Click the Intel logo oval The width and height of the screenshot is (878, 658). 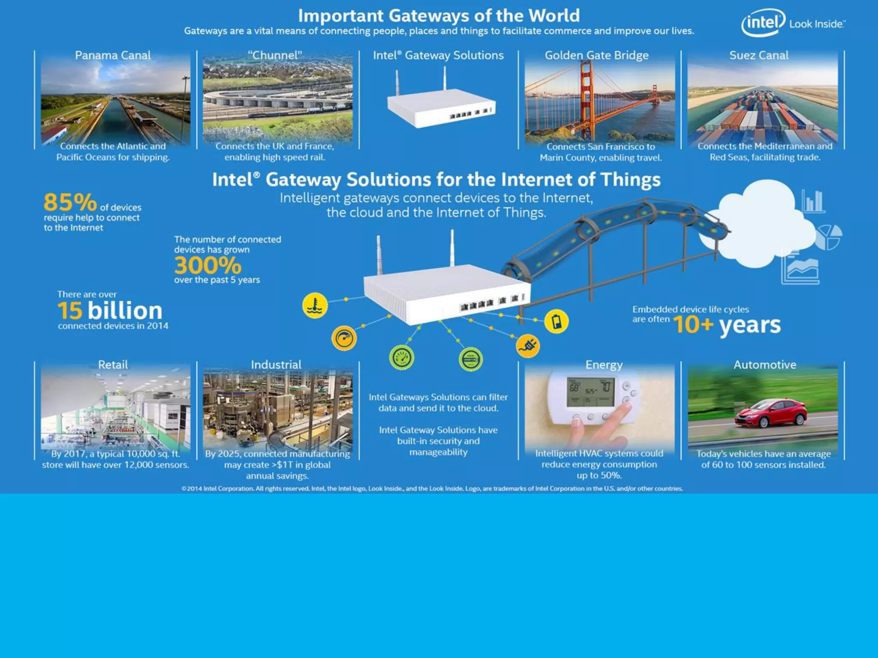pyautogui.click(x=763, y=22)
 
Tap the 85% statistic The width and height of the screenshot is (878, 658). pyautogui.click(x=70, y=202)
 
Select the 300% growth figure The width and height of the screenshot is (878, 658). pyautogui.click(x=208, y=265)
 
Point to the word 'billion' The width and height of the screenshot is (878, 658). pyautogui.click(x=125, y=311)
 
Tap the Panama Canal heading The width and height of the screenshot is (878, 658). pyautogui.click(x=113, y=55)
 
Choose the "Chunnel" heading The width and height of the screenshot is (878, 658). pyautogui.click(x=275, y=55)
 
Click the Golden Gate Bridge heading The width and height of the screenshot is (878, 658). pyautogui.click(x=596, y=55)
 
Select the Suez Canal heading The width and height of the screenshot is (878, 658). pyautogui.click(x=759, y=55)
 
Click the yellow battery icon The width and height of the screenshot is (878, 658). pyautogui.click(x=556, y=321)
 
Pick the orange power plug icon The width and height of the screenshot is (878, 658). pyautogui.click(x=528, y=346)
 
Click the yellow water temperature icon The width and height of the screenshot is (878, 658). pyautogui.click(x=315, y=305)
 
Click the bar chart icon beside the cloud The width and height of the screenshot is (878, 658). pyautogui.click(x=813, y=201)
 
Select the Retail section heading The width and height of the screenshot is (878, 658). pyautogui.click(x=113, y=365)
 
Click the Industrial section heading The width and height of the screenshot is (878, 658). pyautogui.click(x=276, y=365)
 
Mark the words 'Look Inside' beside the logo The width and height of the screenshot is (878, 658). pyautogui.click(x=816, y=24)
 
